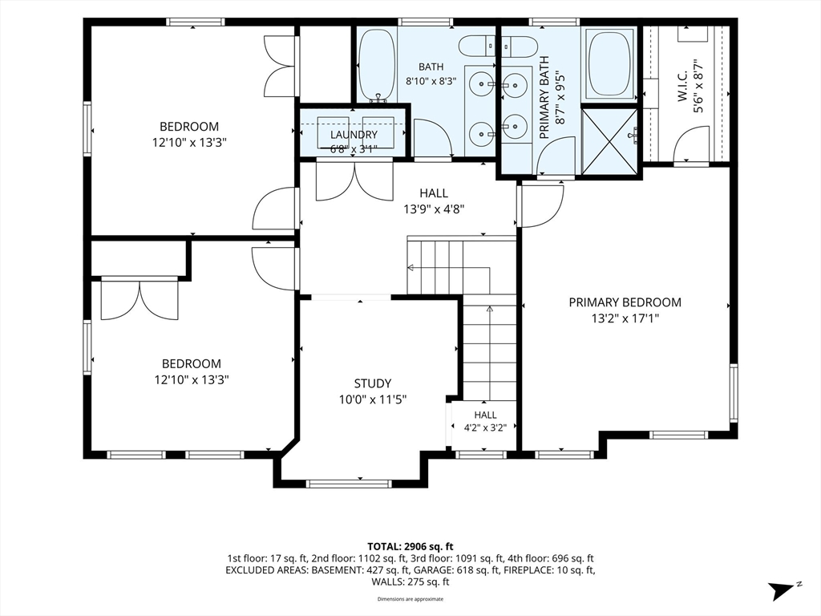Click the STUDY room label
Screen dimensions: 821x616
click(372, 383)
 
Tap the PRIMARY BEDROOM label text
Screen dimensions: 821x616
click(625, 302)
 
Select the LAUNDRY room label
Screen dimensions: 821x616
click(354, 135)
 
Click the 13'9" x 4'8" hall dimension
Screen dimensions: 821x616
click(434, 209)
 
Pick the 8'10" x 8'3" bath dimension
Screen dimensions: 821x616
click(431, 81)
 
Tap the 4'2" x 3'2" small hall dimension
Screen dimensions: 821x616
click(485, 428)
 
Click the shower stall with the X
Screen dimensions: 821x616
click(609, 140)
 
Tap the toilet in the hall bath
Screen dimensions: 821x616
click(476, 46)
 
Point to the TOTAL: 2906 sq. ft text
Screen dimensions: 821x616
click(410, 547)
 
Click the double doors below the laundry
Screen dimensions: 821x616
click(354, 182)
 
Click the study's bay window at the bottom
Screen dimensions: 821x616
click(349, 484)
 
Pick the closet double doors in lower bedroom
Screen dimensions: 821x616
click(140, 301)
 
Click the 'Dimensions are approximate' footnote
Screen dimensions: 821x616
click(410, 598)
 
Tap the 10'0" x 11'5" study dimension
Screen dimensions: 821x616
click(373, 399)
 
